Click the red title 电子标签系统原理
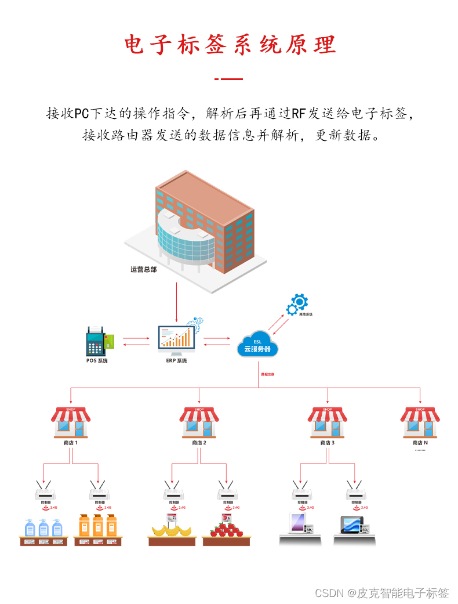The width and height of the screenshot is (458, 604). [230, 45]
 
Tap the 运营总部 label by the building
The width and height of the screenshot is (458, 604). [143, 269]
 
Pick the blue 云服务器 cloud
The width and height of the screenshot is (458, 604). [257, 345]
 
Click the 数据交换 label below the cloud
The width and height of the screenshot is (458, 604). [268, 375]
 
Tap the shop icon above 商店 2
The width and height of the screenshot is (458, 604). [199, 422]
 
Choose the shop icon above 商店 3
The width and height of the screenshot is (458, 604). [328, 422]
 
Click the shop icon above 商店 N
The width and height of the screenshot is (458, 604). [420, 422]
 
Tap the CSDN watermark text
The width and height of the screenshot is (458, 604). [382, 593]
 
